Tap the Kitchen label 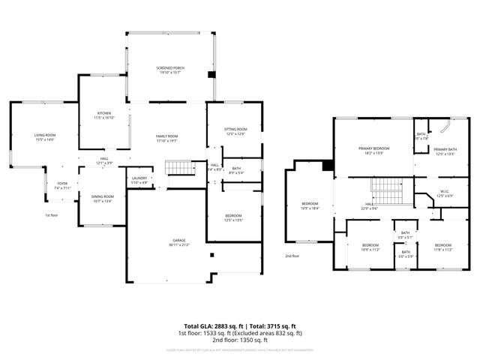103,115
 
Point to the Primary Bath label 445,151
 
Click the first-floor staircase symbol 176,167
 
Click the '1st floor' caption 52,215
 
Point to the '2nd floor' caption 292,256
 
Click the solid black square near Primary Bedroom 328,166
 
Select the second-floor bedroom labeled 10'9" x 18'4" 310,205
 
